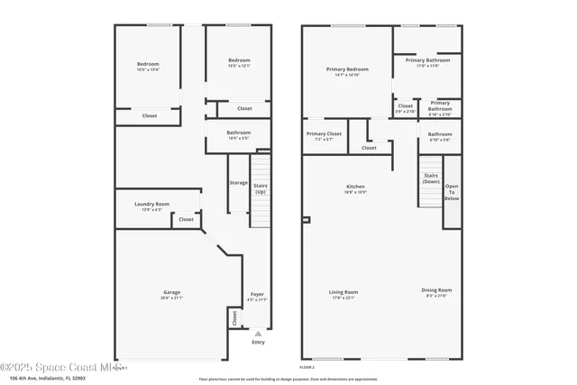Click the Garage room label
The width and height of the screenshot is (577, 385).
coord(171,294)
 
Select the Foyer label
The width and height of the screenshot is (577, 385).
coord(257,296)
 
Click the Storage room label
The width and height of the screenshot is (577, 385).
coord(238,183)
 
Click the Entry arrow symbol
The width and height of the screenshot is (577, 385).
coord(259,334)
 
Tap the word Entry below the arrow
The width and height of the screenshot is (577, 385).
coord(259,342)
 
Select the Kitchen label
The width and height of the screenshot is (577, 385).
coord(354,188)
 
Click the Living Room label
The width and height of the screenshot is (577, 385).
coord(343,294)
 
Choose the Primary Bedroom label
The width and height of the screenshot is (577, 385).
coord(347,71)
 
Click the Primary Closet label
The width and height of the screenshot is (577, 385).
coord(325,136)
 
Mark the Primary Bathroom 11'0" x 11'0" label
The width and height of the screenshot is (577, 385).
coord(426,62)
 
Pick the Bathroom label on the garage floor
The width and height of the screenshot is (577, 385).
coord(239,135)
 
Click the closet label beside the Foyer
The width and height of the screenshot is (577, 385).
coord(234,317)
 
